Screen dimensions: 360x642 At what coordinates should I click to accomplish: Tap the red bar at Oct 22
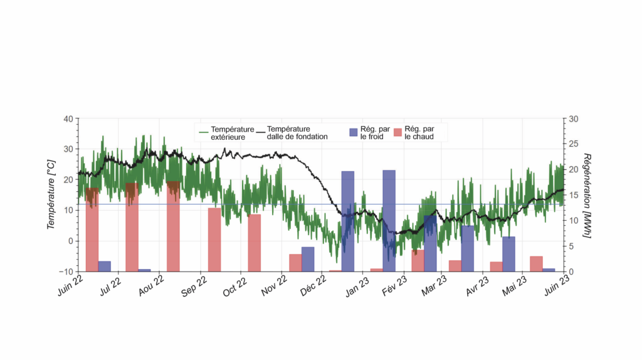(x=254, y=243)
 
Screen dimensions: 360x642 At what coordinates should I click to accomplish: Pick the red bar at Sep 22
(x=214, y=240)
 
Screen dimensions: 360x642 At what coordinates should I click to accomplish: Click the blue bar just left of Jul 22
(x=104, y=266)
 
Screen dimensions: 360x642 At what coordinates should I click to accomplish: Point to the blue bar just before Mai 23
(x=508, y=254)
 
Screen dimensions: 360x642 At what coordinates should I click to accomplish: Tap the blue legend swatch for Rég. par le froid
(x=354, y=132)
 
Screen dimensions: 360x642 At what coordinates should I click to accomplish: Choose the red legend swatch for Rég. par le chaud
(x=397, y=132)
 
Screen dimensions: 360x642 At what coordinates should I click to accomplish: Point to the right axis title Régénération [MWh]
(x=587, y=194)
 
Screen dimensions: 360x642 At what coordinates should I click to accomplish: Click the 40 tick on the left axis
(x=68, y=119)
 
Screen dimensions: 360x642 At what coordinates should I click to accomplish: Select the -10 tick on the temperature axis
(x=65, y=271)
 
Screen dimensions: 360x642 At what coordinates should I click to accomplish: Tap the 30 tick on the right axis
(x=573, y=119)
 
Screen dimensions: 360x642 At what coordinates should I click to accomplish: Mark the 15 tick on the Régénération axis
(x=573, y=195)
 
